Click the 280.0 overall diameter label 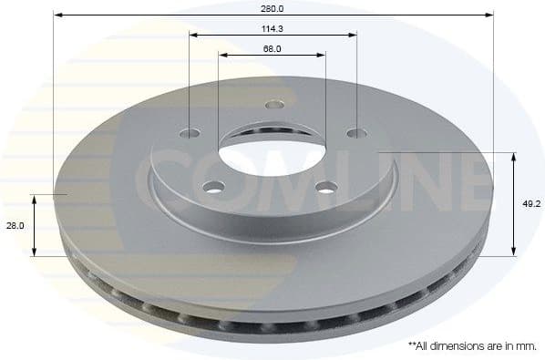(x=272, y=8)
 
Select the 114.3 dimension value (x=272, y=28)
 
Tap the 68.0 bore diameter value (x=272, y=48)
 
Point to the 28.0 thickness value (x=15, y=225)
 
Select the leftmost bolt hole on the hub (x=190, y=133)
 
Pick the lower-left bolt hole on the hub (x=216, y=188)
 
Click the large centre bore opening (x=272, y=150)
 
